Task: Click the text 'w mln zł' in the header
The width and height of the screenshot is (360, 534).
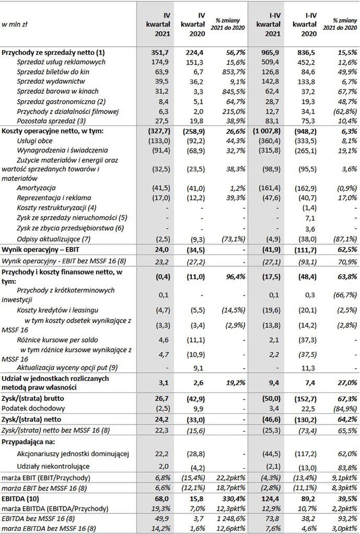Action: click(14, 25)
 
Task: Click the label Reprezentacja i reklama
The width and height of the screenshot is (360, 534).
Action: click(54, 198)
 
